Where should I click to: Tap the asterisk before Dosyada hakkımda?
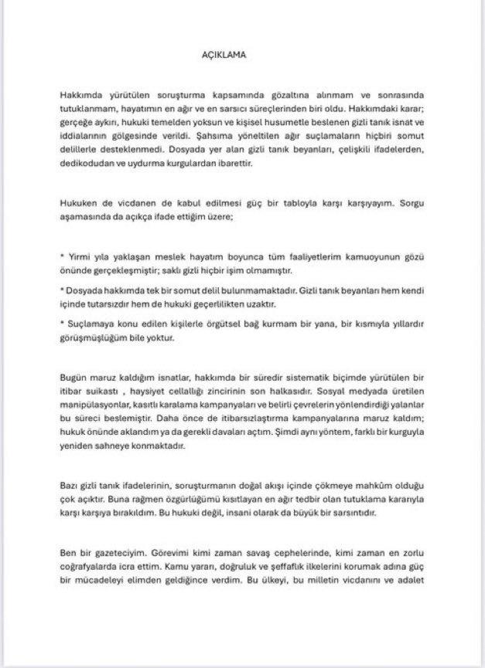pyautogui.click(x=63, y=287)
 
